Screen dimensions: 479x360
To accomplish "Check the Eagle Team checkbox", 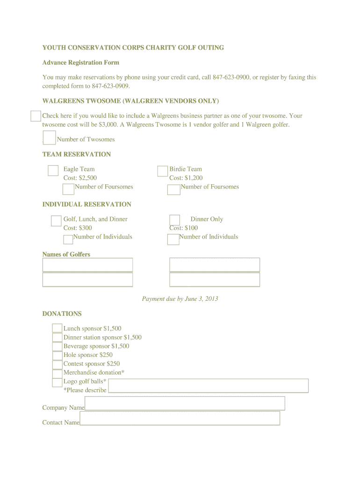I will (x=53, y=171).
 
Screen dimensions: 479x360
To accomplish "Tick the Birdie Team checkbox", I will (x=162, y=171).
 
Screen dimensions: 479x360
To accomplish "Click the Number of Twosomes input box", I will (x=49, y=138).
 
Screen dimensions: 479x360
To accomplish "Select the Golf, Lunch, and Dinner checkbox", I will (x=56, y=221).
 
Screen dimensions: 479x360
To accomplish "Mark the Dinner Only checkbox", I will (x=174, y=220).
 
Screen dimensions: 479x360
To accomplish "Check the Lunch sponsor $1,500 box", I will (x=57, y=328).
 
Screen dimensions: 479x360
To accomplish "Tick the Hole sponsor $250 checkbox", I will (x=57, y=355).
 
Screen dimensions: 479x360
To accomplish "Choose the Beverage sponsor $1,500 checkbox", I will (x=57, y=346).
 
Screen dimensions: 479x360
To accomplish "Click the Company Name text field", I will (x=185, y=403).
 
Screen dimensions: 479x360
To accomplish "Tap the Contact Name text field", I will (x=180, y=418).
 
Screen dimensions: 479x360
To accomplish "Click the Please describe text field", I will (x=209, y=386).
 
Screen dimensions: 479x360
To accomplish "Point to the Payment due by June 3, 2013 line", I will (x=180, y=299).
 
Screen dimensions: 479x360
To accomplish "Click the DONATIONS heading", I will (x=62, y=314).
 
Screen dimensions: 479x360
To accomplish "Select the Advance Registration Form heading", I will (x=81, y=63).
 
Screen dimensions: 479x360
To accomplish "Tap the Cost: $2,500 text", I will (x=80, y=178).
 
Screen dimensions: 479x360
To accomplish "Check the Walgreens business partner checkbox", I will (x=36, y=116).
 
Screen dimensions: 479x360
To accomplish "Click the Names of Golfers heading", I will (x=66, y=254).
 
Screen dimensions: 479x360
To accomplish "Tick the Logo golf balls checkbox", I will (x=57, y=382).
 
